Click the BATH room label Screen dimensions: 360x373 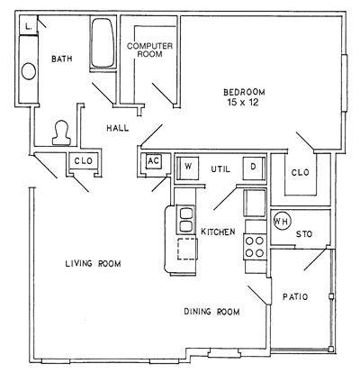(x=62, y=59)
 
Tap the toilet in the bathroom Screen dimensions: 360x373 (x=61, y=133)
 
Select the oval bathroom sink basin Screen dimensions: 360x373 (x=29, y=71)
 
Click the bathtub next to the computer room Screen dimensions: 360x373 (x=103, y=43)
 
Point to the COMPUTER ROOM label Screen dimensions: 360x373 (x=149, y=50)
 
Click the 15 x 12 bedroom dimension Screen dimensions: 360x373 (x=243, y=103)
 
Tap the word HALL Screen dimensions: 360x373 (x=118, y=128)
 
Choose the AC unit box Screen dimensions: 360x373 (x=154, y=161)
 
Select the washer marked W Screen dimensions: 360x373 (x=187, y=168)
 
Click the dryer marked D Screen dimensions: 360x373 (x=254, y=168)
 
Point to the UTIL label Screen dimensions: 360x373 (x=220, y=169)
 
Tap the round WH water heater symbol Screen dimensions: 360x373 (x=282, y=222)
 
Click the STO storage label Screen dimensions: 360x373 (x=304, y=234)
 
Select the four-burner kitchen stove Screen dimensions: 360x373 (x=255, y=247)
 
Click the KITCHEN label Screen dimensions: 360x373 (x=218, y=232)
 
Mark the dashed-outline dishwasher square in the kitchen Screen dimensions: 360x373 (x=187, y=249)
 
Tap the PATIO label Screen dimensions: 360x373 (x=295, y=297)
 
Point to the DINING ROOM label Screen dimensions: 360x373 (x=211, y=312)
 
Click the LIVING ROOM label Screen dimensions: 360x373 (x=94, y=264)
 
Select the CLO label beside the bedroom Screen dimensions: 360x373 (x=301, y=173)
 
